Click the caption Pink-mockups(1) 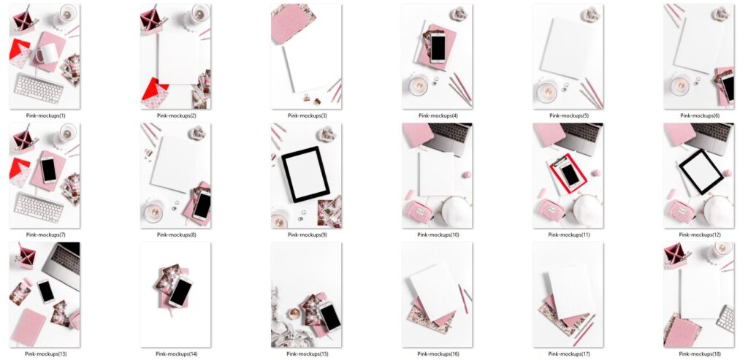coord(45,115)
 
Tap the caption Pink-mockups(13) coord(45,354)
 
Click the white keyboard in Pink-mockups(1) coord(38,88)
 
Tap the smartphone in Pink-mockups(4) coord(438,48)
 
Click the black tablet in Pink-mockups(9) coord(306,174)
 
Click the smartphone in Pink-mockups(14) coord(180,293)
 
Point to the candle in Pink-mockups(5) coord(546,91)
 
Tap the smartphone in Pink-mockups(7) coord(48,169)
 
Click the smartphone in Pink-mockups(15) coord(329,315)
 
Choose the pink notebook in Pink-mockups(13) coord(29,326)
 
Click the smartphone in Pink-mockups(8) coord(202,204)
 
